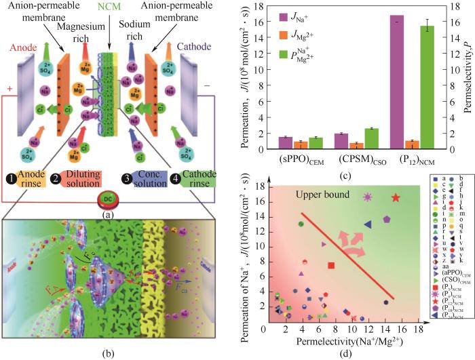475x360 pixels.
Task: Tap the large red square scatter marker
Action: coord(331,266)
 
